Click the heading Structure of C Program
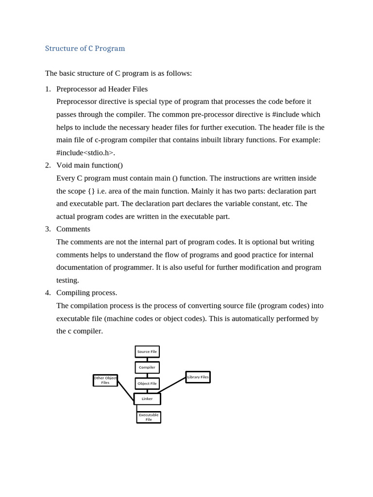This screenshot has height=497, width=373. [85, 49]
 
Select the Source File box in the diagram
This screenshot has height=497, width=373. [147, 351]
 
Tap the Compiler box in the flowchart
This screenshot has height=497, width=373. [147, 367]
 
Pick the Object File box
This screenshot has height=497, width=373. [147, 383]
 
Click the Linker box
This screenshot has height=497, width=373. [147, 399]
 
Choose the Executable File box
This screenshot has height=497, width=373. [149, 417]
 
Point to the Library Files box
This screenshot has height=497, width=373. [198, 377]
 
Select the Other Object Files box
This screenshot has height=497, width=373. [105, 381]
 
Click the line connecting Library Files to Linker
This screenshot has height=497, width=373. [172, 385]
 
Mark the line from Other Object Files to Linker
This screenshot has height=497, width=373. [126, 391]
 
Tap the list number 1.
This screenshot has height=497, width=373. [48, 89]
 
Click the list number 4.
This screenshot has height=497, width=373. [48, 293]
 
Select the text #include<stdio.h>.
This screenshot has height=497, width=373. [85, 153]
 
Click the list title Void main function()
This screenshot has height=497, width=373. [89, 165]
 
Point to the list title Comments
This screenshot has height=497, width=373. [73, 229]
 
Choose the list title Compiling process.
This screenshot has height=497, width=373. [86, 293]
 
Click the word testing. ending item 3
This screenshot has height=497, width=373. [68, 280]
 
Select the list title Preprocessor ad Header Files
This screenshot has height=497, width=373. [102, 89]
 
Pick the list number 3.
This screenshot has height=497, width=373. [48, 229]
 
